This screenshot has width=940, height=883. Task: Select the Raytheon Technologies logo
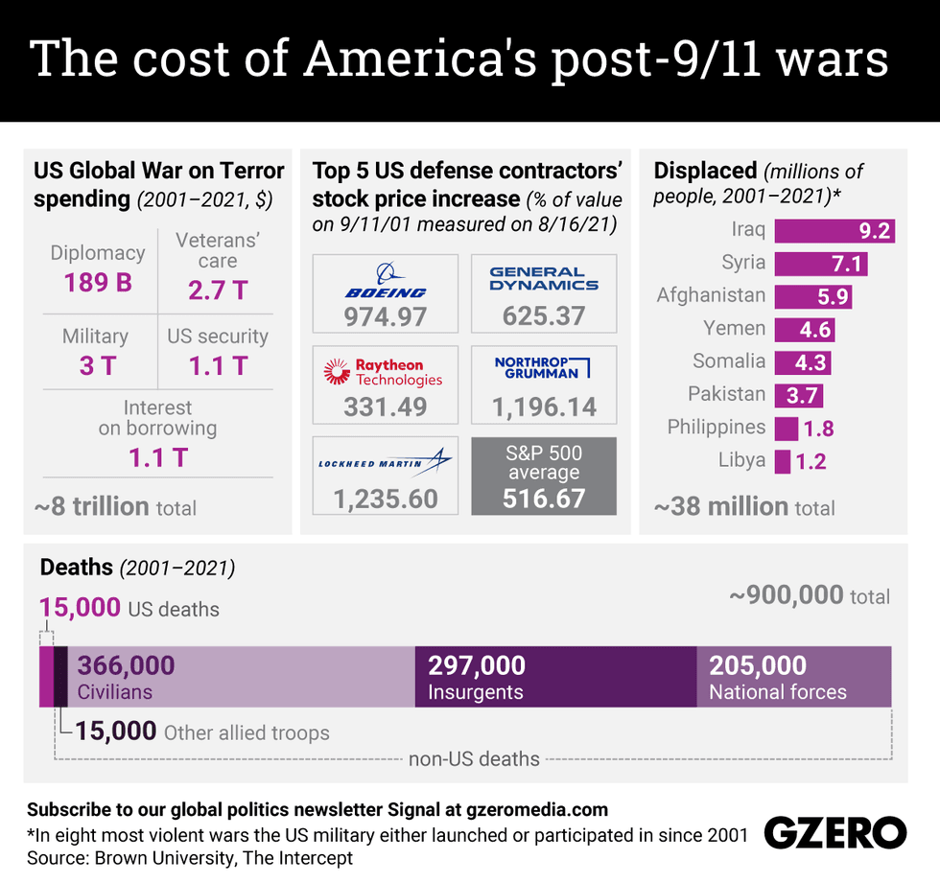point(385,372)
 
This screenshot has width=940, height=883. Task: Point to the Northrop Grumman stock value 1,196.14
point(544,407)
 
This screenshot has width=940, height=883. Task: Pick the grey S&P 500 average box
point(544,476)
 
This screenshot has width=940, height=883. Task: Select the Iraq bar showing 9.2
point(834,231)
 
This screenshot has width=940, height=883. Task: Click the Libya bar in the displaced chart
point(783,461)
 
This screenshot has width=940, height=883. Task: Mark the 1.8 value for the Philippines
point(817,429)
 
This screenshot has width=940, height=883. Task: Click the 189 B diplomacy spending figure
point(98,284)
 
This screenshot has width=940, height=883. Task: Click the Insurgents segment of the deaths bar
point(555,677)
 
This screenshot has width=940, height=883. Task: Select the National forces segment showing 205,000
point(793,677)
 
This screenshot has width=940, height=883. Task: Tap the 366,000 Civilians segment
point(240,677)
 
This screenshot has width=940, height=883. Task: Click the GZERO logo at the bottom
point(834,833)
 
